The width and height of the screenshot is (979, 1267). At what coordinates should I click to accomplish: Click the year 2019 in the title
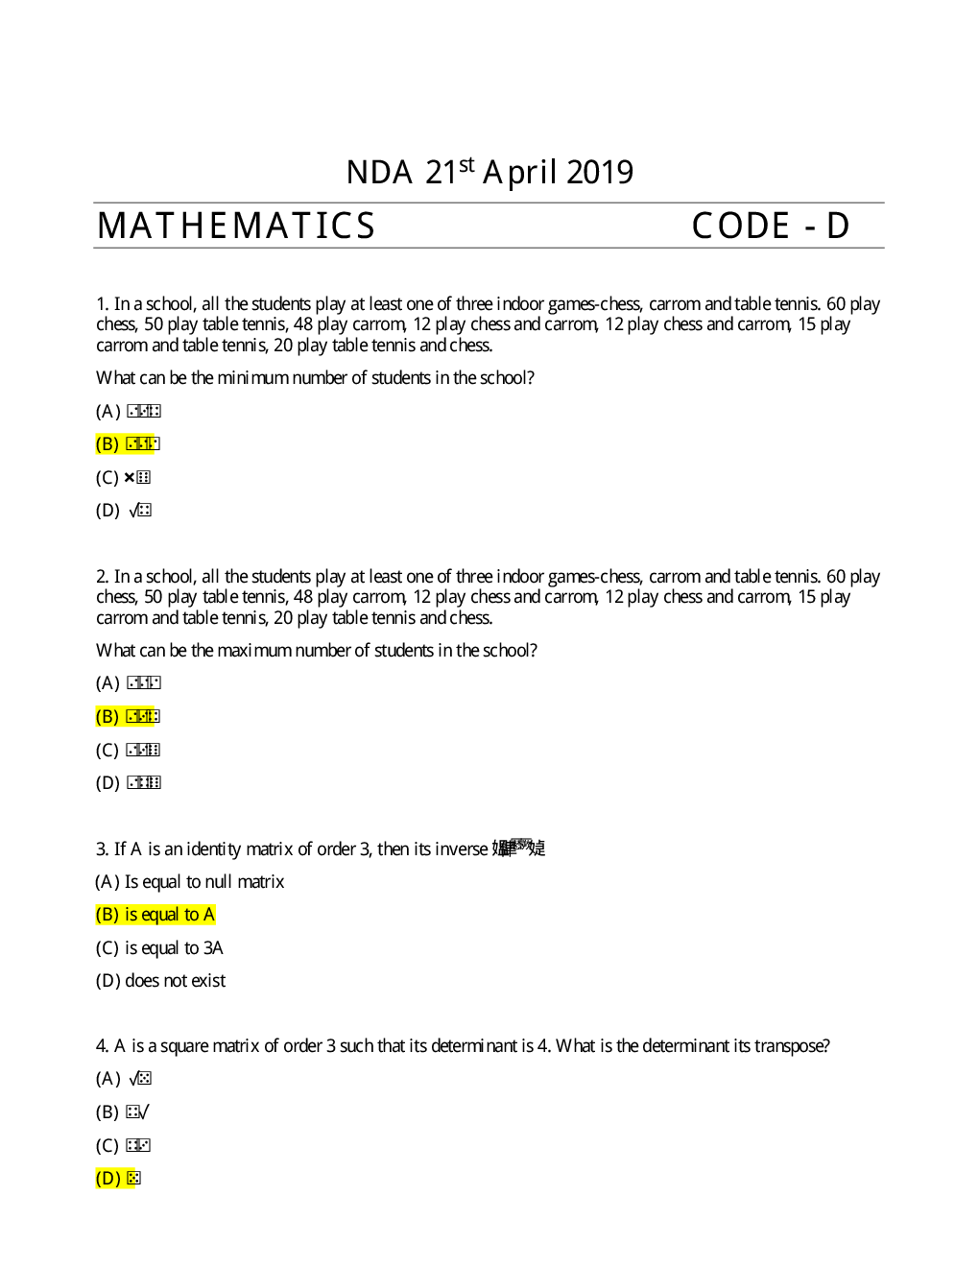[599, 173]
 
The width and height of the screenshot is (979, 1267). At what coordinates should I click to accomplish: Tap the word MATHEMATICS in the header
[236, 227]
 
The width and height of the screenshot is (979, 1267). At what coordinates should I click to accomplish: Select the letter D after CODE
[837, 227]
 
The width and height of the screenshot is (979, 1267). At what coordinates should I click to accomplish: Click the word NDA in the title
[379, 173]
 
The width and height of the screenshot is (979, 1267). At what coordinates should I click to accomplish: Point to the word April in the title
[519, 173]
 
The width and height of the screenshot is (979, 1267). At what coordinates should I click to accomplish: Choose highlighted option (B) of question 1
[128, 443]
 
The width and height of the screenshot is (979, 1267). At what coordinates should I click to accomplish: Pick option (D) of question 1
[124, 510]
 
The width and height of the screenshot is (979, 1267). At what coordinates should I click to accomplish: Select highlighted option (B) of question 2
[128, 716]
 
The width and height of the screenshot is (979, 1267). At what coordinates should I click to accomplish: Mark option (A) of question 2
[129, 683]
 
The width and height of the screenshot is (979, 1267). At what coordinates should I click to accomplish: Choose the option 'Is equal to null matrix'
[190, 881]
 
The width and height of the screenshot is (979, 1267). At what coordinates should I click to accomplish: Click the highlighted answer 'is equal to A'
[155, 915]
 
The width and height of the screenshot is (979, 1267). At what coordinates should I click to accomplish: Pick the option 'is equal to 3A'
[159, 948]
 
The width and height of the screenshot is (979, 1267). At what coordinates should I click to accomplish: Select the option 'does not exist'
[160, 981]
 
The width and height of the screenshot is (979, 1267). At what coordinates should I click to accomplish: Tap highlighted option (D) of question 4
[118, 1178]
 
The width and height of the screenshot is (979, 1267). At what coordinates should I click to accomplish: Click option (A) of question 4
[124, 1079]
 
